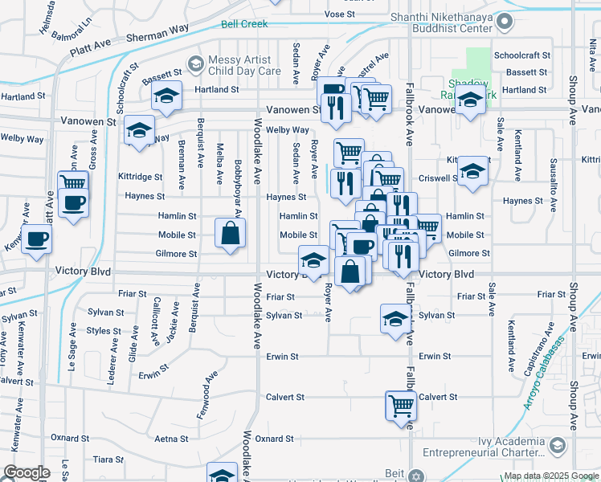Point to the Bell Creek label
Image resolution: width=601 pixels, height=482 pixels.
tap(244, 24)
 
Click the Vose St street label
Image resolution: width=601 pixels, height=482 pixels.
tap(340, 14)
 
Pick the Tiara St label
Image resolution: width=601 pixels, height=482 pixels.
tap(107, 460)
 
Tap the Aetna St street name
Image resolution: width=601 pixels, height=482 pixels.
tap(171, 439)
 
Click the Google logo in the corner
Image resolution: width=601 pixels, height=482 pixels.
tap(26, 472)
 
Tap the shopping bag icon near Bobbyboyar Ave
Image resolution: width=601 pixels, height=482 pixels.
tap(231, 234)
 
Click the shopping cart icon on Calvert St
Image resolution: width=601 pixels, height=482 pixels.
tap(401, 405)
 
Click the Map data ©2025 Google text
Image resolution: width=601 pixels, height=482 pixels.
tap(550, 476)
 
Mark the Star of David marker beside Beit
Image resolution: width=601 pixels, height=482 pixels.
tap(415, 475)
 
